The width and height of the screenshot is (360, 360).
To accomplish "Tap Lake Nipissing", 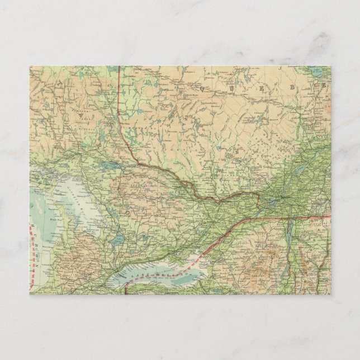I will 111,167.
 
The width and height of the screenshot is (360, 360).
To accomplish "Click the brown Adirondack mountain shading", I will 263,263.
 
